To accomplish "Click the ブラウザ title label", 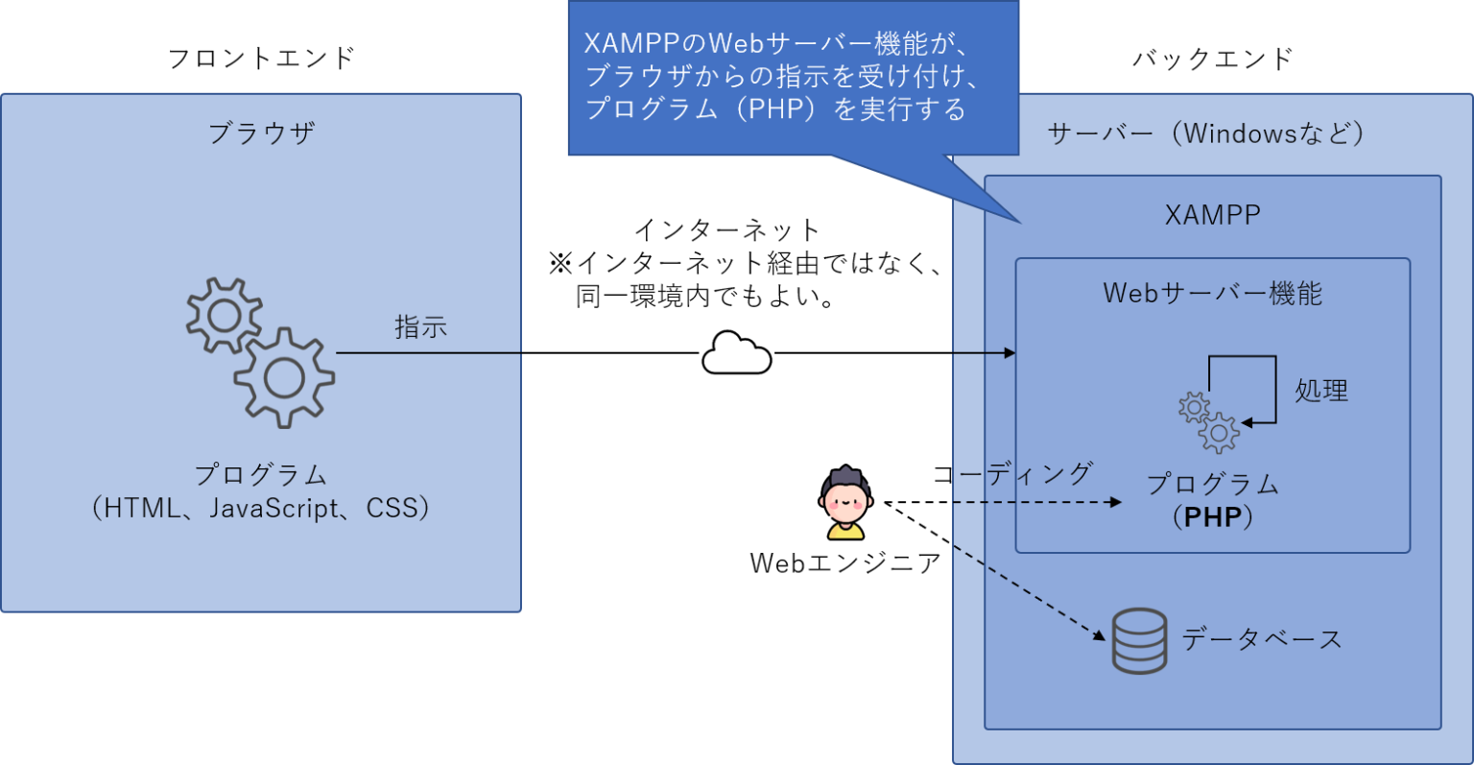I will coord(261,132).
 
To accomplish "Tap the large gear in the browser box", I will coord(284,377).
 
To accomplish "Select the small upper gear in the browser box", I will coord(223,315).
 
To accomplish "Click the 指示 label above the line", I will coord(420,326).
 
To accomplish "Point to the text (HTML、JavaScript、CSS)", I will coord(261,508).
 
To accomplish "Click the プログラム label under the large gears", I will coord(261,474).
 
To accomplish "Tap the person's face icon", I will coord(845,498).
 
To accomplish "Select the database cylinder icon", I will coord(1139,640).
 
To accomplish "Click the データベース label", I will coord(1261,639).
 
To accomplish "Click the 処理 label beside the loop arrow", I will coord(1321,391).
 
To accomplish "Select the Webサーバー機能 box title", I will coord(1212,293).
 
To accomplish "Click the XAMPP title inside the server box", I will coord(1212,214).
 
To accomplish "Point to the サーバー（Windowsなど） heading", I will coord(1206,132).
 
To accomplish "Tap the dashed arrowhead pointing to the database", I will coord(1100,634).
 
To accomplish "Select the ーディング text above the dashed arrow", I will coord(1025,473).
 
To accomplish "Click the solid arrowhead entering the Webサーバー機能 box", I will coord(1010,353).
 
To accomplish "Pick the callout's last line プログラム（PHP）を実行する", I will coord(775,108).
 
